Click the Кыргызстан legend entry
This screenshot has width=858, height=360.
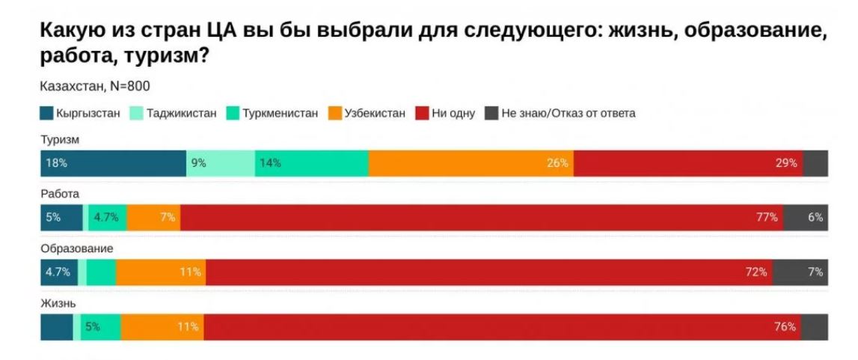pyautogui.click(x=80, y=113)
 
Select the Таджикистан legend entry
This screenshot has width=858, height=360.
pyautogui.click(x=174, y=113)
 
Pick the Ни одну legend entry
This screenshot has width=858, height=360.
pyautogui.click(x=445, y=113)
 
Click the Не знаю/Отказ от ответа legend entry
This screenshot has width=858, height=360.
pyautogui.click(x=560, y=113)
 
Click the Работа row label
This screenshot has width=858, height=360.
pyautogui.click(x=60, y=193)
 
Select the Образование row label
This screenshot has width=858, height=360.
pyautogui.click(x=77, y=248)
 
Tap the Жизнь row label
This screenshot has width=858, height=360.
pyautogui.click(x=58, y=302)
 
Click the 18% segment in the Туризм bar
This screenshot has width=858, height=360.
pyautogui.click(x=113, y=163)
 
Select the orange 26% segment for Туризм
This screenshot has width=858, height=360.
pyautogui.click(x=471, y=163)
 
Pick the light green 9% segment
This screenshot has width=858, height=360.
pyautogui.click(x=220, y=163)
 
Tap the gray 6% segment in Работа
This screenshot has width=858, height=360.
pyautogui.click(x=806, y=218)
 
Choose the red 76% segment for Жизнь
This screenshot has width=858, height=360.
pyautogui.click(x=501, y=327)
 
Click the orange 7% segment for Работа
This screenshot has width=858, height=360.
pyautogui.click(x=153, y=218)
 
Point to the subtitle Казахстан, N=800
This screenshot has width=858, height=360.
pyautogui.click(x=94, y=86)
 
